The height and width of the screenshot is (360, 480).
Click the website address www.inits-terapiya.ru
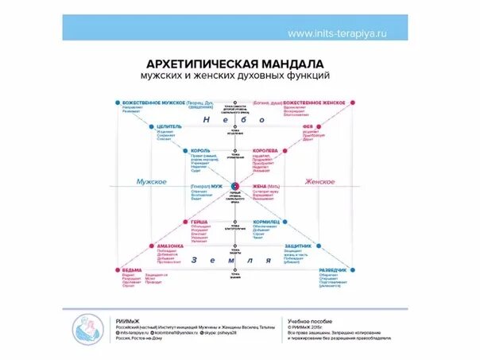click(x=336, y=34)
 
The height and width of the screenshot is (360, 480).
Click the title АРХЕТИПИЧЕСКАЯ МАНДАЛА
click(x=235, y=63)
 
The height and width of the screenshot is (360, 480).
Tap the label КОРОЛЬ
click(x=200, y=150)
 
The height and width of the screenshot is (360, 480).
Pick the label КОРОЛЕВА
click(x=265, y=150)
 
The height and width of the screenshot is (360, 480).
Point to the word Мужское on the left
click(x=151, y=182)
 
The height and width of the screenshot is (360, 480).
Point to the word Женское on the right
click(x=319, y=182)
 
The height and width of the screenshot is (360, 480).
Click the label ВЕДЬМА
click(x=132, y=270)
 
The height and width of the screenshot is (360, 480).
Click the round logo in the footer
click(x=89, y=328)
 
